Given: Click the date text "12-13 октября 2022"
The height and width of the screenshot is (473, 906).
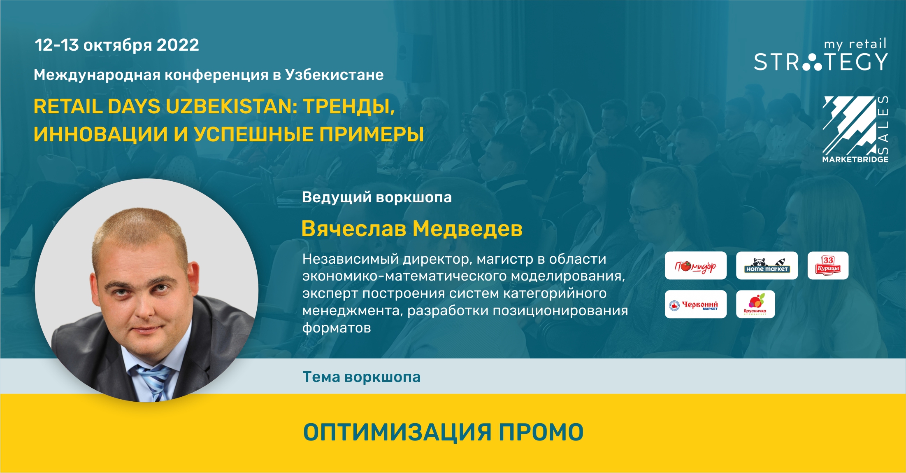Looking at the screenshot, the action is pos(117,45).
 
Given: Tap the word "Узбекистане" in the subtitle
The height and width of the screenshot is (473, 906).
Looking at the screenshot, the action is pos(335,75).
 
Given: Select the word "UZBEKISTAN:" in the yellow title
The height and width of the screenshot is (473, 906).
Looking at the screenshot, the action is pos(231,106).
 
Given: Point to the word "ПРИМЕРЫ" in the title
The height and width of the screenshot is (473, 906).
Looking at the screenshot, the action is pos(372,134).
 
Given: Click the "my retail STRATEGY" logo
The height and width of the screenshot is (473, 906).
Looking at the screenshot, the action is pos(821,55).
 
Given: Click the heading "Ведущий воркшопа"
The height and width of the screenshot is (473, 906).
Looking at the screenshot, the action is pos(377,197).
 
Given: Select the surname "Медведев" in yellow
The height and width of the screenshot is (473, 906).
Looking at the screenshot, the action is pos(467,228).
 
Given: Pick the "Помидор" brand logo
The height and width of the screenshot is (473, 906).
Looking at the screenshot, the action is pos(696,266).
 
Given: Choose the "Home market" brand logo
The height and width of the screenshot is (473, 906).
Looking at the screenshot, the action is pos(767,266).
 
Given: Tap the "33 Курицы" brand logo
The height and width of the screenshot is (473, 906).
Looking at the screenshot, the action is pos(828,266).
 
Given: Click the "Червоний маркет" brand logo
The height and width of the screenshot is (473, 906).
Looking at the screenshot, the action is pos(696,304).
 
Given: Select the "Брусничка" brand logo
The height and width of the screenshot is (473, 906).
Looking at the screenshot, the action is pos(755,304).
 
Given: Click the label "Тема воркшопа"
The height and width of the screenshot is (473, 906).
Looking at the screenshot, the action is pos(362,377).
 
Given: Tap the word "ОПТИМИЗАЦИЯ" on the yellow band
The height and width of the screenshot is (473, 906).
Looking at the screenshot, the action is pos(397,432).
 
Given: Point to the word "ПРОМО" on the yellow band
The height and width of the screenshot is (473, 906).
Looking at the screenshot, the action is pos(541,432).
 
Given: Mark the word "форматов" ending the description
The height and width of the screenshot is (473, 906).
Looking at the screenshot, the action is pos(337,328).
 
